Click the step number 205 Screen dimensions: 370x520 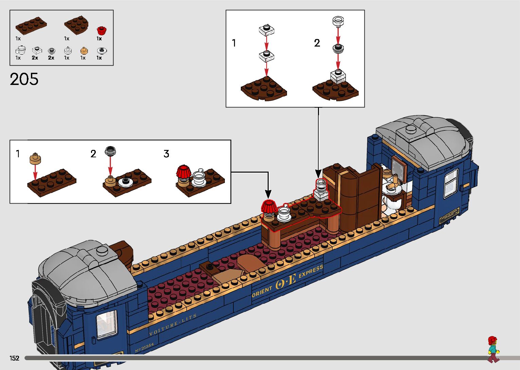click(x=24, y=79)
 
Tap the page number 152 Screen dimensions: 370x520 click(x=15, y=358)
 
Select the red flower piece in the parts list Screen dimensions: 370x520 click(x=101, y=30)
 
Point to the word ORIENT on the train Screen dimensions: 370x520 click(x=262, y=291)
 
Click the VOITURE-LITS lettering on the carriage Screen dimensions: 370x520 click(x=173, y=325)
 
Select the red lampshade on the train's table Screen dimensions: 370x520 click(x=268, y=206)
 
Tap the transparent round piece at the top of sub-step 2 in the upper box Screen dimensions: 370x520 click(x=338, y=21)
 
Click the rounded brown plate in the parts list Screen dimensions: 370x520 click(x=76, y=25)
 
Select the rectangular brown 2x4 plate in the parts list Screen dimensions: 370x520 click(x=31, y=25)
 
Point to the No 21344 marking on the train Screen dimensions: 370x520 click(x=144, y=347)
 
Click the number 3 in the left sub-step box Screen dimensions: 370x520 click(x=166, y=154)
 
